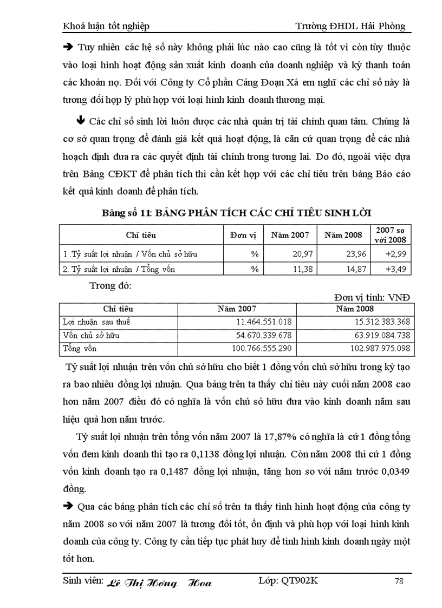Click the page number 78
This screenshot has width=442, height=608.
coord(399,581)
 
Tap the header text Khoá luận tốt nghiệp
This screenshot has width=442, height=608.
coord(106,26)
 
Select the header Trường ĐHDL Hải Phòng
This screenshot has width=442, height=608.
coord(350,26)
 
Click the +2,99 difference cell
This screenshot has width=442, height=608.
coord(393,253)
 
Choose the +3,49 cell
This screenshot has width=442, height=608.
coord(393,268)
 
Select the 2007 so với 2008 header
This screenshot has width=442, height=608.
coord(389,235)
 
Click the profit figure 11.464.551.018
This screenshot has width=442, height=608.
coord(261,322)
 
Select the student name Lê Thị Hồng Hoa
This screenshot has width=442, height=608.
coord(159,583)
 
